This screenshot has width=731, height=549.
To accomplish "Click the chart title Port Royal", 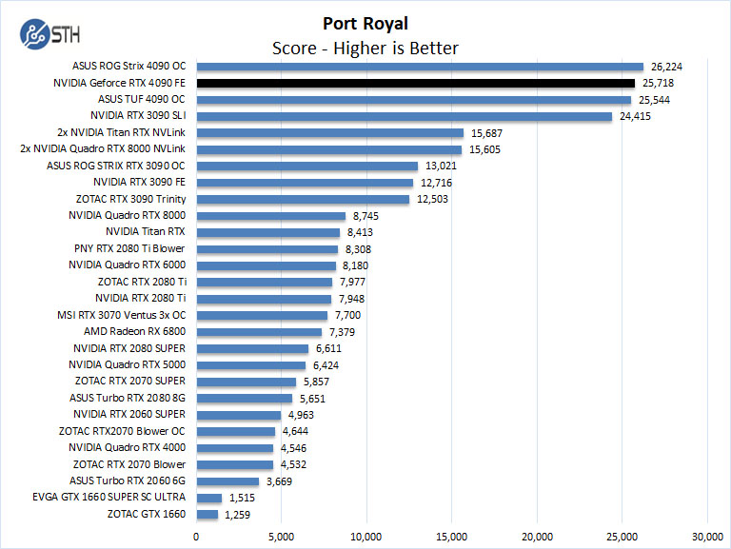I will coord(365,23).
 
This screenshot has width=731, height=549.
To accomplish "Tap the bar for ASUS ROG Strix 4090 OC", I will coord(420,67).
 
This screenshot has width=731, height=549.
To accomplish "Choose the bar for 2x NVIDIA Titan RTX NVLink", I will coord(329,133).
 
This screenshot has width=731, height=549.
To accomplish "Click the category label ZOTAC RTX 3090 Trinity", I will coord(130,199).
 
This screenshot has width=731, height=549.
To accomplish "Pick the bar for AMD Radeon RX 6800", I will coord(259,332).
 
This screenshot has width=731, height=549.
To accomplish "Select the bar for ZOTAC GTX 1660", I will coord(207,515).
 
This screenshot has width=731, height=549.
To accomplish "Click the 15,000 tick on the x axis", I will coord(452,536).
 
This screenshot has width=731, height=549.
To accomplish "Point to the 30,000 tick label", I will coord(707,536).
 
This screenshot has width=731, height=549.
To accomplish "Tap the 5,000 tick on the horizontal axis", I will coord(282,536).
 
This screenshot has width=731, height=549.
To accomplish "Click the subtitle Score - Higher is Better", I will coord(365,48).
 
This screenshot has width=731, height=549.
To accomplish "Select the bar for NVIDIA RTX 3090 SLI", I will coord(405,116).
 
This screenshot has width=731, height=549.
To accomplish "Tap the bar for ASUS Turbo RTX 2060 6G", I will coord(227,481).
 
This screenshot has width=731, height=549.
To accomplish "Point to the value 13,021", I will coord(438,166).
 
